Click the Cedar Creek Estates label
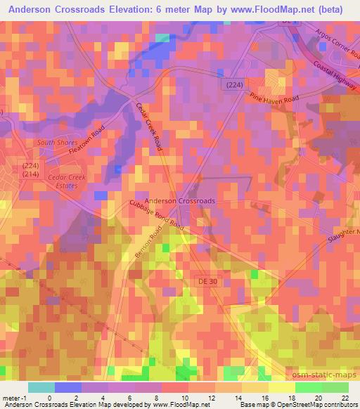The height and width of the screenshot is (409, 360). pyautogui.click(x=66, y=181)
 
